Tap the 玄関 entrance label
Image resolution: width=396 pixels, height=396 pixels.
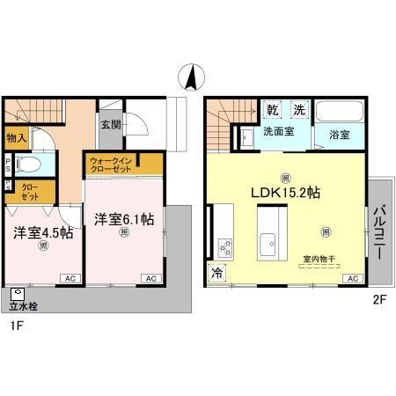tap(111, 124)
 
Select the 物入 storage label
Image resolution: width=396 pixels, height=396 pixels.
tap(17, 138)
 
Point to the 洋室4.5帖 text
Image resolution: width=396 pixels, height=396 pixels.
tap(42, 233)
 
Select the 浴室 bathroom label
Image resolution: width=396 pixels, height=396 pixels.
tap(340, 136)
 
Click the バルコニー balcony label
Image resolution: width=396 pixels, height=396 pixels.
tap(378, 231)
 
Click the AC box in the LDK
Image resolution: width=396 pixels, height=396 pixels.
tap(353, 279)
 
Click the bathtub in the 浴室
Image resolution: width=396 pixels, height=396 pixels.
tap(340, 113)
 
